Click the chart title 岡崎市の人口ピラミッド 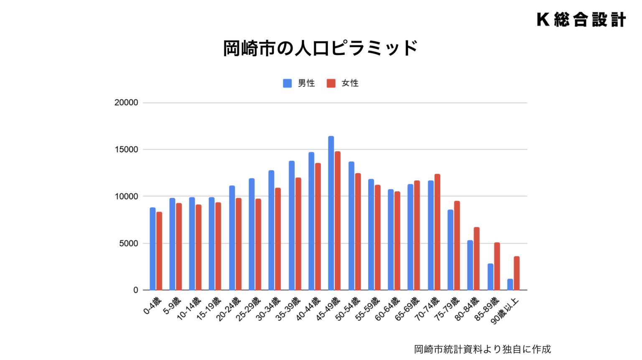click(320, 49)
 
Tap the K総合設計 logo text click(581, 20)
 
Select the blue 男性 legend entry click(299, 83)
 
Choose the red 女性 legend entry click(343, 83)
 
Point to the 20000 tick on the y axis click(126, 102)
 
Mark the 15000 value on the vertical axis click(126, 149)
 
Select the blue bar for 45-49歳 click(331, 213)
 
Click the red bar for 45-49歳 click(338, 221)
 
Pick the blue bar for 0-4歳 click(153, 249)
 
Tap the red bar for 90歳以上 click(517, 273)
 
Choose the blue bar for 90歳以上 click(510, 284)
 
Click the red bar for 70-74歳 click(437, 232)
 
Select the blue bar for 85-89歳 click(490, 277)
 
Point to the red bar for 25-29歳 click(258, 244)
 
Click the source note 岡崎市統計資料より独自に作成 click(482, 349)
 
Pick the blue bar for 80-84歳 click(470, 265)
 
